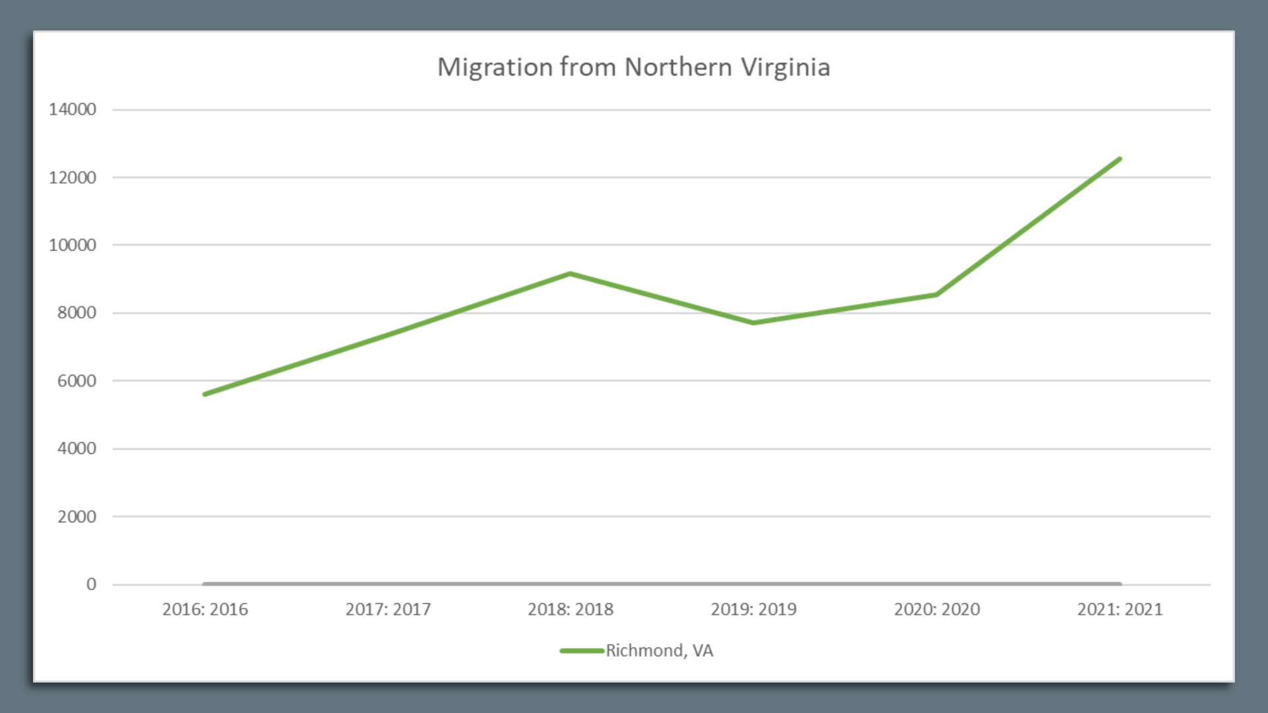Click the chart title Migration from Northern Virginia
click(x=633, y=67)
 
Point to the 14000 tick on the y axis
click(x=72, y=110)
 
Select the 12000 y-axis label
click(x=72, y=178)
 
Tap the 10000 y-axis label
click(x=72, y=246)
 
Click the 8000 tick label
click(x=76, y=313)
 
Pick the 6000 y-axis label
click(x=76, y=381)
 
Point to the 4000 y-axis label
click(x=76, y=449)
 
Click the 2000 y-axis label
click(x=76, y=517)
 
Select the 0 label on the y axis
click(x=91, y=584)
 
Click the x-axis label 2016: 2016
click(x=205, y=609)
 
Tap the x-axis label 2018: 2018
click(x=571, y=609)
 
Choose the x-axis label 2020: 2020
click(x=936, y=609)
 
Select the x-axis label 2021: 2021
click(x=1119, y=609)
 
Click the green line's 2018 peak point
click(x=571, y=273)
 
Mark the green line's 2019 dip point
click(x=754, y=323)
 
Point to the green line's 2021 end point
click(x=1119, y=159)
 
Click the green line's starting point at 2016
click(x=205, y=394)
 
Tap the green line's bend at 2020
click(x=936, y=294)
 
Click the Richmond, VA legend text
click(x=659, y=651)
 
